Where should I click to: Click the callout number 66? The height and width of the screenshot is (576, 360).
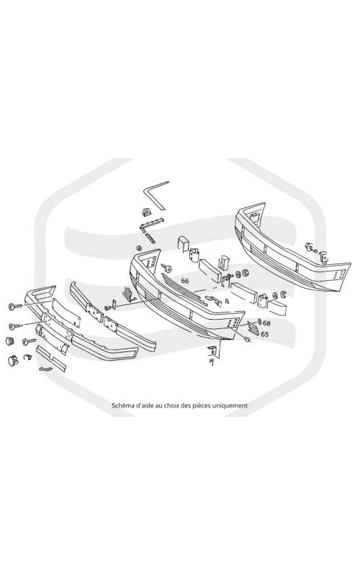click(x=185, y=281)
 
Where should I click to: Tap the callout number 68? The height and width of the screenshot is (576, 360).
click(x=266, y=323)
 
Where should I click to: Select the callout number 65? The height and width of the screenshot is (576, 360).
click(x=264, y=334)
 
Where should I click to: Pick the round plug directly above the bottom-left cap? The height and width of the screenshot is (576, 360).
click(x=10, y=340)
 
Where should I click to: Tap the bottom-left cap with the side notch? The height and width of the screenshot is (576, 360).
click(x=13, y=360)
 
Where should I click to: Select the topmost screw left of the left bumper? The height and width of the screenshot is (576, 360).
click(x=16, y=306)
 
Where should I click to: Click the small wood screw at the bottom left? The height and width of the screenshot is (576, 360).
click(x=45, y=369)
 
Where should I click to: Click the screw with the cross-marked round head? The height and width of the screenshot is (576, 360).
click(x=166, y=268)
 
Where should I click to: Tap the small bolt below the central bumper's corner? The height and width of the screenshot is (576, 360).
click(x=248, y=340)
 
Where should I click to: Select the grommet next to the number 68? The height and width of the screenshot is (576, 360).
click(x=259, y=322)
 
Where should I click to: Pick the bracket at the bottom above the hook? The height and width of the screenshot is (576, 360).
click(x=212, y=351)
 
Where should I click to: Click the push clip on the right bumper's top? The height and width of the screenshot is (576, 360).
click(x=310, y=247)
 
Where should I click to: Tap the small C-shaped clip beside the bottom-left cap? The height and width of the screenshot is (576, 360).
click(x=28, y=356)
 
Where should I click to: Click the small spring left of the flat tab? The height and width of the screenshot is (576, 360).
click(x=109, y=307)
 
